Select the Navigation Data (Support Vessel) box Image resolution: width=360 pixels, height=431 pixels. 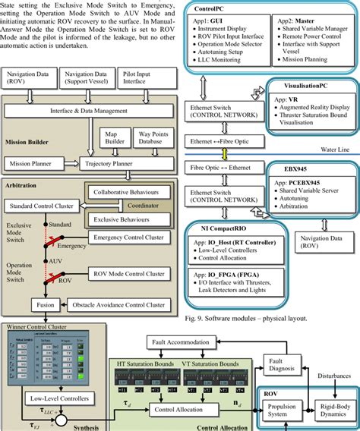91,77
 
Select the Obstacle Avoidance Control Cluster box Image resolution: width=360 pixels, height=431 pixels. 118,305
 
